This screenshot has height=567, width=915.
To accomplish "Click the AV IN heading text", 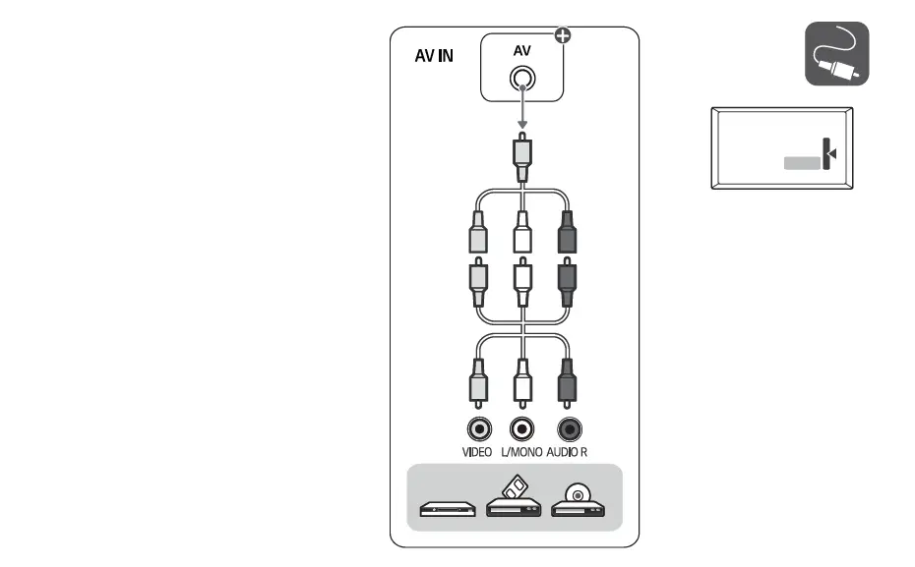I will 433,56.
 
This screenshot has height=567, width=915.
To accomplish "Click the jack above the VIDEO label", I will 478,428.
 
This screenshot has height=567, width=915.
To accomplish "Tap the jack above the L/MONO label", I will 523,428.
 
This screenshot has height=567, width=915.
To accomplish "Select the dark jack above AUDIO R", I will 569,428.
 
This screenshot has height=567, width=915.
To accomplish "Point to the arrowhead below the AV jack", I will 523,125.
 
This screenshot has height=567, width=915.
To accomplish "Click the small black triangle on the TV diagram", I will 833,154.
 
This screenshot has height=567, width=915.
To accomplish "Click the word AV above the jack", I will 522,50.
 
